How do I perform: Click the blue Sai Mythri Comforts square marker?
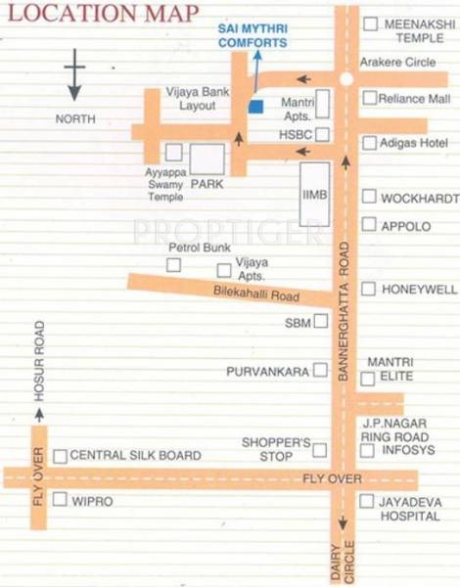point(255,107)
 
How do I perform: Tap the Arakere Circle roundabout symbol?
point(345,79)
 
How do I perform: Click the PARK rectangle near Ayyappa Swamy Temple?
point(207,159)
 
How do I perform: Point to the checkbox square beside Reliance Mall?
point(369,98)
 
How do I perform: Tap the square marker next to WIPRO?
point(60,500)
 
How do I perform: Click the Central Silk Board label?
point(135,456)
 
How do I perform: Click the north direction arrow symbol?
point(74,78)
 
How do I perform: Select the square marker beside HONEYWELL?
point(368,289)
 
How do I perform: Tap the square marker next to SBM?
point(319,321)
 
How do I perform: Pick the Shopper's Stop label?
point(277,449)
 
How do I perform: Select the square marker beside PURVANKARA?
point(319,372)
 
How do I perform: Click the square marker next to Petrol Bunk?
point(173,265)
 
